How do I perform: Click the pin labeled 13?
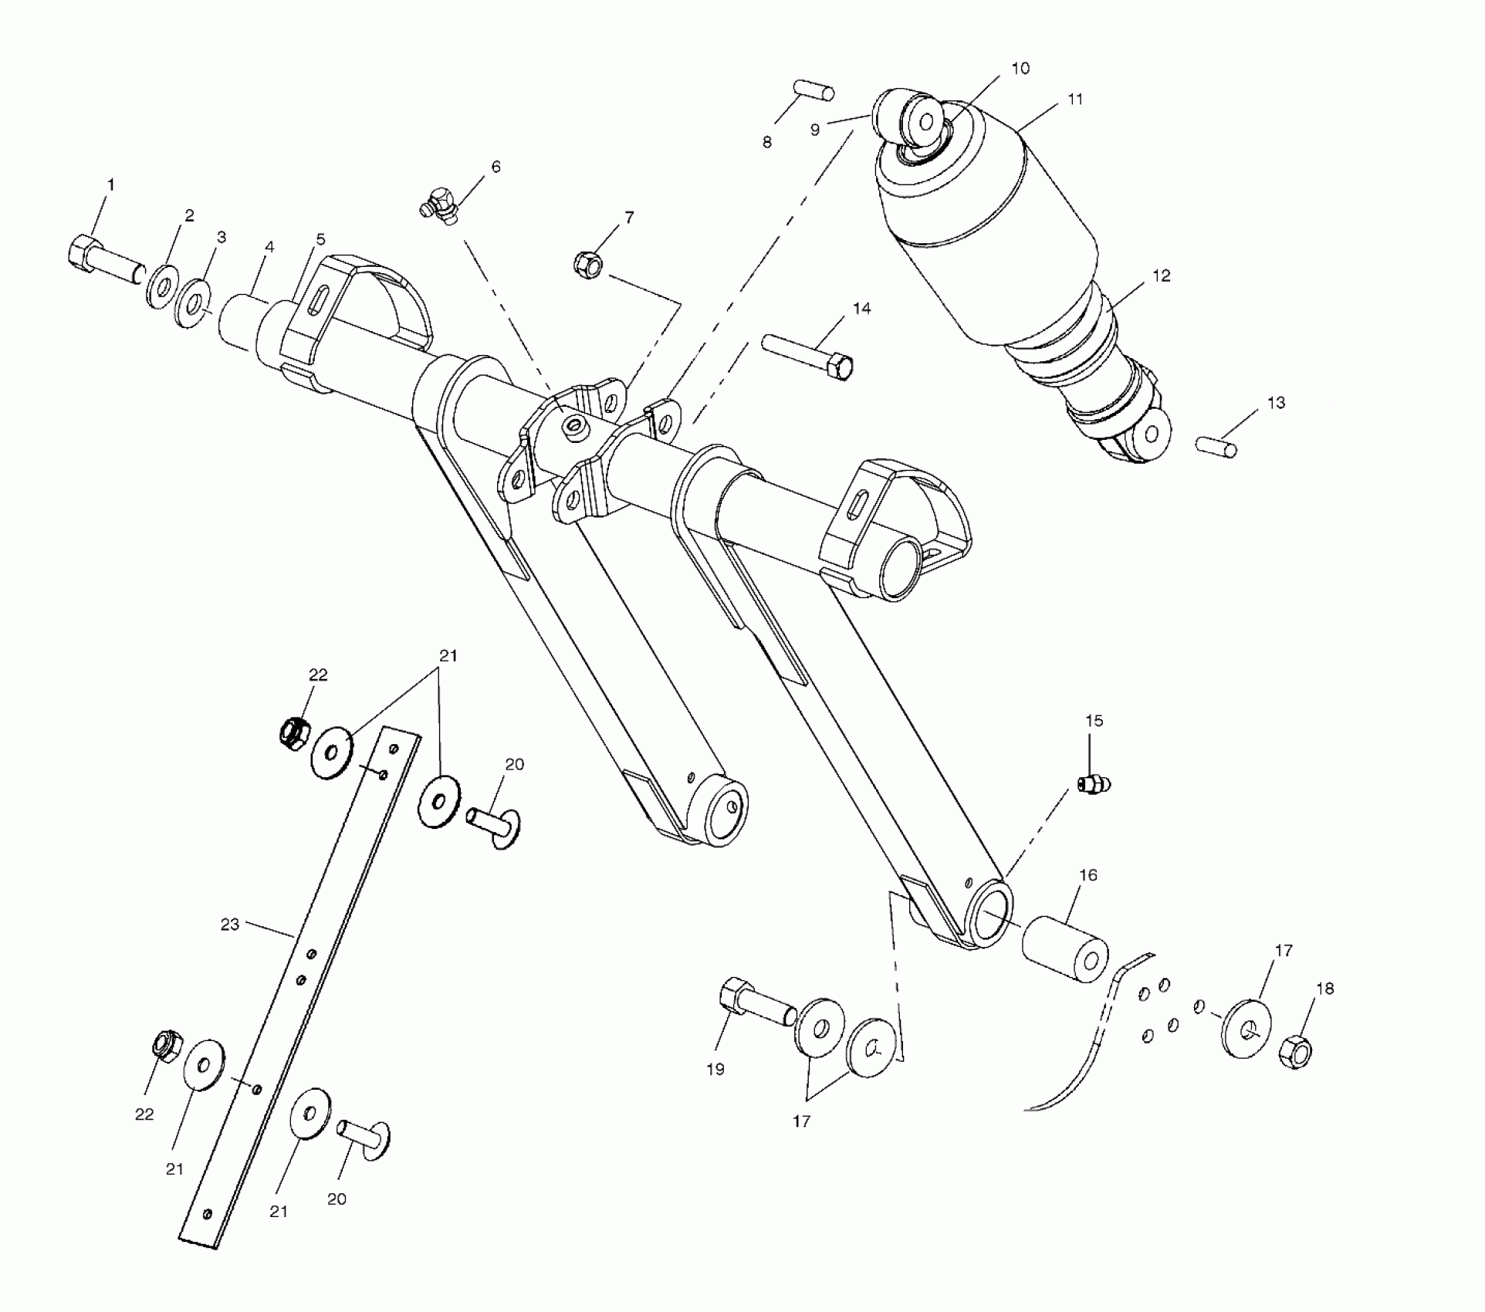click(1216, 446)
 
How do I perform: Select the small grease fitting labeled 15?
click(1092, 785)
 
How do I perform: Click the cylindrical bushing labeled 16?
click(1065, 948)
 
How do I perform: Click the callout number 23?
click(230, 924)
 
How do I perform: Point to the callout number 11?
click(1075, 100)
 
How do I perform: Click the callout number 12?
click(1161, 276)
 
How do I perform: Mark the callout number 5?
click(320, 240)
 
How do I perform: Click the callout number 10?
click(1020, 69)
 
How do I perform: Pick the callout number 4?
click(269, 247)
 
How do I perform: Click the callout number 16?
click(1088, 875)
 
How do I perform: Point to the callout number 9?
click(815, 130)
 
